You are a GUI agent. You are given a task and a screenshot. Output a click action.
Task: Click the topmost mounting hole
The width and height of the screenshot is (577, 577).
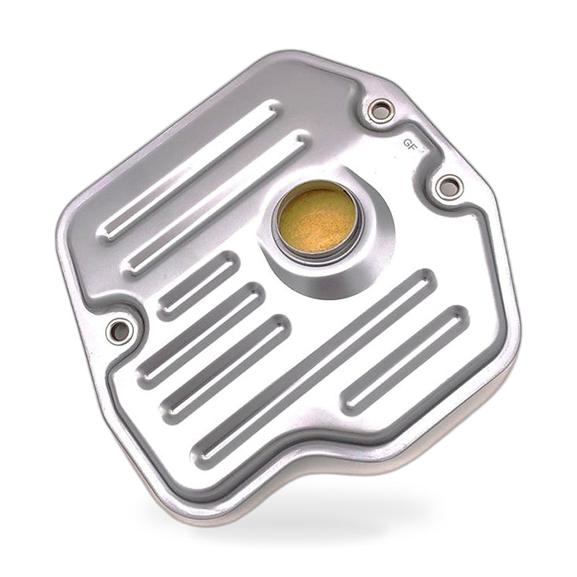pyautogui.click(x=381, y=110)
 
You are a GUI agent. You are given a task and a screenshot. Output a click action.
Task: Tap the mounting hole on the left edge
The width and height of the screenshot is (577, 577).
pyautogui.click(x=118, y=332)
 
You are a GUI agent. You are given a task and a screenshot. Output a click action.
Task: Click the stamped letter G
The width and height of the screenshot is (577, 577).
pyautogui.click(x=407, y=142)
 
